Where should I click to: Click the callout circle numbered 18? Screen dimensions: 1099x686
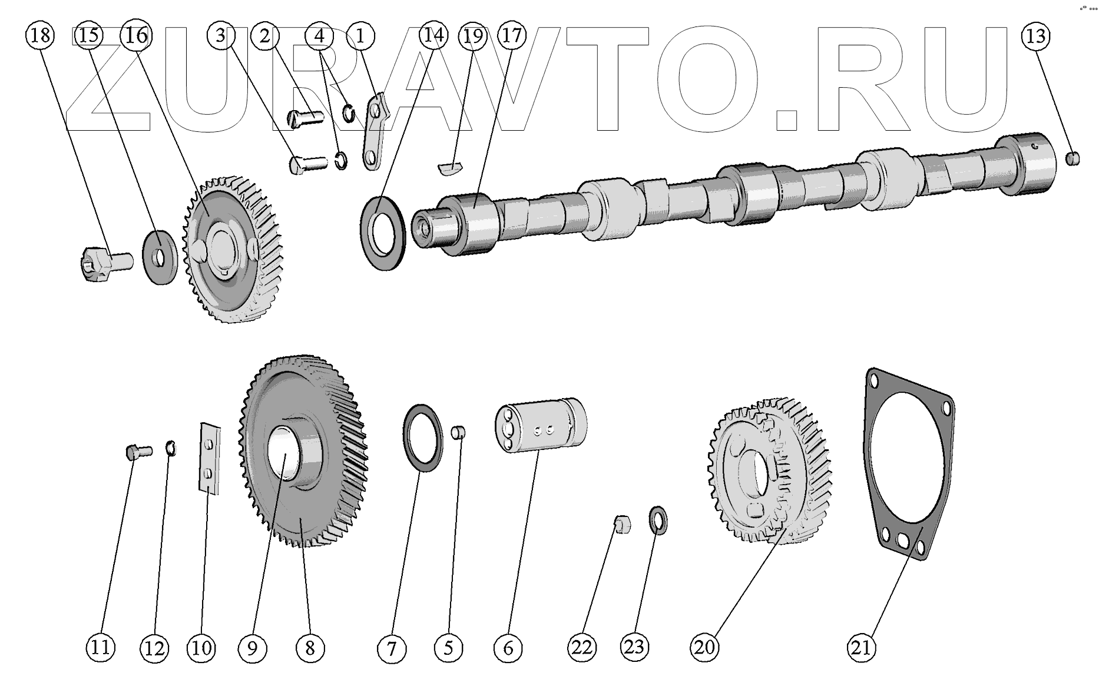39,36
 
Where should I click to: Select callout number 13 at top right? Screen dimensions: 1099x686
1035,36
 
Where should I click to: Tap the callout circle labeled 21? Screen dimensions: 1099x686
861,648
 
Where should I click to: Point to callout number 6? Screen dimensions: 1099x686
508,648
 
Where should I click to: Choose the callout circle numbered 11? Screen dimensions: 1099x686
101,648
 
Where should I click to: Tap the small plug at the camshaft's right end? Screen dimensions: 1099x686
1073,158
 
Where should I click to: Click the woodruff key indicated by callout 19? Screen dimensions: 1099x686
451,167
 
